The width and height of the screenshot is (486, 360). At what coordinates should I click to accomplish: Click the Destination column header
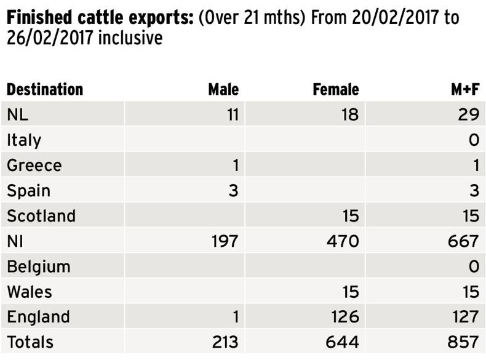45,89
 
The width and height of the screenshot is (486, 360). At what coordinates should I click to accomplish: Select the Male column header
223,89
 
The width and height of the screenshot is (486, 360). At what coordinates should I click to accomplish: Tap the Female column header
336,89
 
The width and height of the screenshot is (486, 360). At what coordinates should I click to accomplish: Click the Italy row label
24,140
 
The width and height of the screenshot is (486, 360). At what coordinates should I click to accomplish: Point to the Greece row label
34,165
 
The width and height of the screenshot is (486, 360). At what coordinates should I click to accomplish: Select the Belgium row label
39,266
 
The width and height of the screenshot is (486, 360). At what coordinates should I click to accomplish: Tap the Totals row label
30,342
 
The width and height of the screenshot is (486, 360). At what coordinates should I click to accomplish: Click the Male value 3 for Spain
233,190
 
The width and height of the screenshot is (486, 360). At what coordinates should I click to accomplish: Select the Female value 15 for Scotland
349,215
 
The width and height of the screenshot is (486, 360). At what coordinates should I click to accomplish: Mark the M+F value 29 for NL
468,114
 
